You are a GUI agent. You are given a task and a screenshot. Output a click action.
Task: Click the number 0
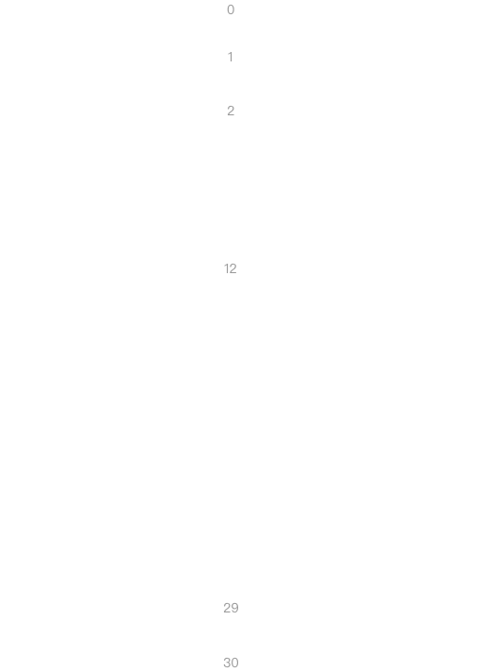click(231, 9)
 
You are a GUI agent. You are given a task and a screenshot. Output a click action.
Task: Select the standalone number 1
click(231, 57)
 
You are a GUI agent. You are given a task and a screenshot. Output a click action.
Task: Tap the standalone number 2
click(231, 111)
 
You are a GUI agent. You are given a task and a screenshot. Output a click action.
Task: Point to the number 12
click(231, 268)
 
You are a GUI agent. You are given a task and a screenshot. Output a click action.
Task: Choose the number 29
click(231, 608)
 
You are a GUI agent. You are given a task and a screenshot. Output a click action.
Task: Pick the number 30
click(231, 663)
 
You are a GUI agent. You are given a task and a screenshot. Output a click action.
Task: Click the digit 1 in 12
click(227, 268)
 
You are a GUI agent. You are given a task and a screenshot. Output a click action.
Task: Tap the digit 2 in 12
click(233, 268)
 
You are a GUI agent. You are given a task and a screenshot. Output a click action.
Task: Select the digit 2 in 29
click(227, 608)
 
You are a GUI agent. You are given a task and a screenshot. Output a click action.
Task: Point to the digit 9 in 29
click(234, 608)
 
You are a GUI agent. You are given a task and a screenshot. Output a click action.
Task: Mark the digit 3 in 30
click(227, 663)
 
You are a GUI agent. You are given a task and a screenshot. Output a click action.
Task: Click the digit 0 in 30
click(234, 663)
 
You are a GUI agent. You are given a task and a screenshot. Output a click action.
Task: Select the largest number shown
click(231, 663)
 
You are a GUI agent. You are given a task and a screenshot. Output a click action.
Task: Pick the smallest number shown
click(231, 9)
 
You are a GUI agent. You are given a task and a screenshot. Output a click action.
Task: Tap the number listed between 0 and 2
click(231, 57)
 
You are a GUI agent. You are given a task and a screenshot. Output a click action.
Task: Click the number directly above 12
click(231, 111)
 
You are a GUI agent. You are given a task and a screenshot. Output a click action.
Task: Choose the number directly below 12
click(231, 608)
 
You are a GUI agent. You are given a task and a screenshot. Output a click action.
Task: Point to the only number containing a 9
click(231, 608)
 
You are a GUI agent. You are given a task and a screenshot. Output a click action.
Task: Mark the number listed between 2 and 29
click(231, 268)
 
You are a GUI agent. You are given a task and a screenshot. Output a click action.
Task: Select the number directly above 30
click(231, 608)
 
